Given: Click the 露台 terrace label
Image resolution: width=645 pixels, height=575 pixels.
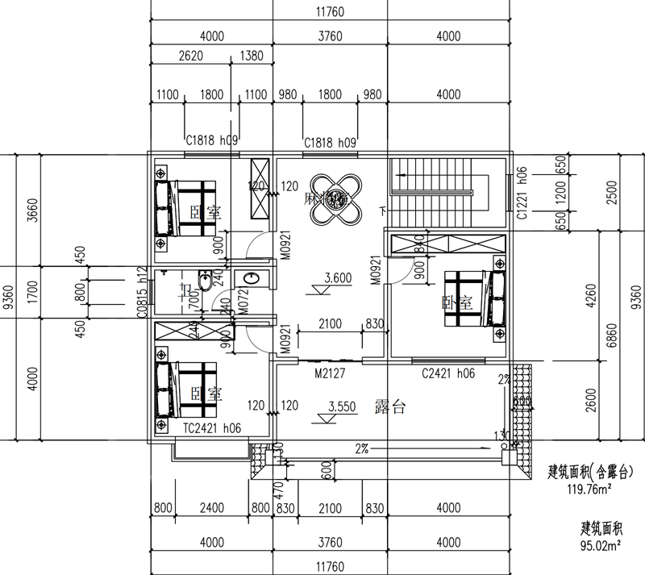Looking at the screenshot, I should pos(390,407).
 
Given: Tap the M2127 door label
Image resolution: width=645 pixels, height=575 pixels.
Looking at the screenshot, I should pos(331,374).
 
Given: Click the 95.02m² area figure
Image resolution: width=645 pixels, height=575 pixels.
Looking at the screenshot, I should pos(601,546).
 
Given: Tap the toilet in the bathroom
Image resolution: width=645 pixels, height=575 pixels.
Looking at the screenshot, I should pos(206,283).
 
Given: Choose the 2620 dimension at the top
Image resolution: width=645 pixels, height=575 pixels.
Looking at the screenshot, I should pos(190,56).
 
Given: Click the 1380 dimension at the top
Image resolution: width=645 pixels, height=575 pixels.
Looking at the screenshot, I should pos(252,56).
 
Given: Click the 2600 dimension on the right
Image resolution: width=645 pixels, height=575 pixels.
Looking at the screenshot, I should pos(616,401).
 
